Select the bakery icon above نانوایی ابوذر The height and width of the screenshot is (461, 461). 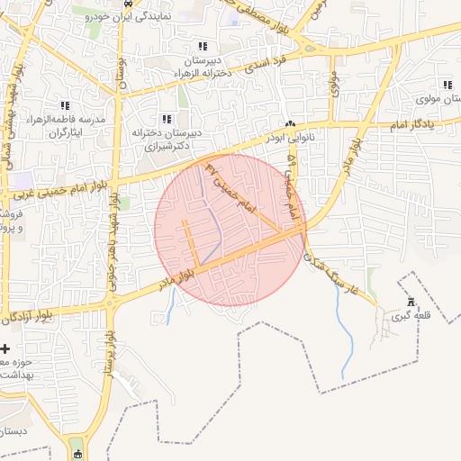coord(290,124)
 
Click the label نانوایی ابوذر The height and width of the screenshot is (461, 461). coord(290,138)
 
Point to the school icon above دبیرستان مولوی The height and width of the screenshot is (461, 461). coord(447,84)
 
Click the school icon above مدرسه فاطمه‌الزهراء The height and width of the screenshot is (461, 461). coord(64,105)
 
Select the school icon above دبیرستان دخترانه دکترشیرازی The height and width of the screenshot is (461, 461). coord(166,118)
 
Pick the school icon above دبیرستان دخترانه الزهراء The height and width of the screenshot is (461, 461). coord(202,46)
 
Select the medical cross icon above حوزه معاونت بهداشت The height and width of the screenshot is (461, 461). coord(5,348)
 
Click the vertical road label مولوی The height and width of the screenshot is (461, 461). coord(333,86)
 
